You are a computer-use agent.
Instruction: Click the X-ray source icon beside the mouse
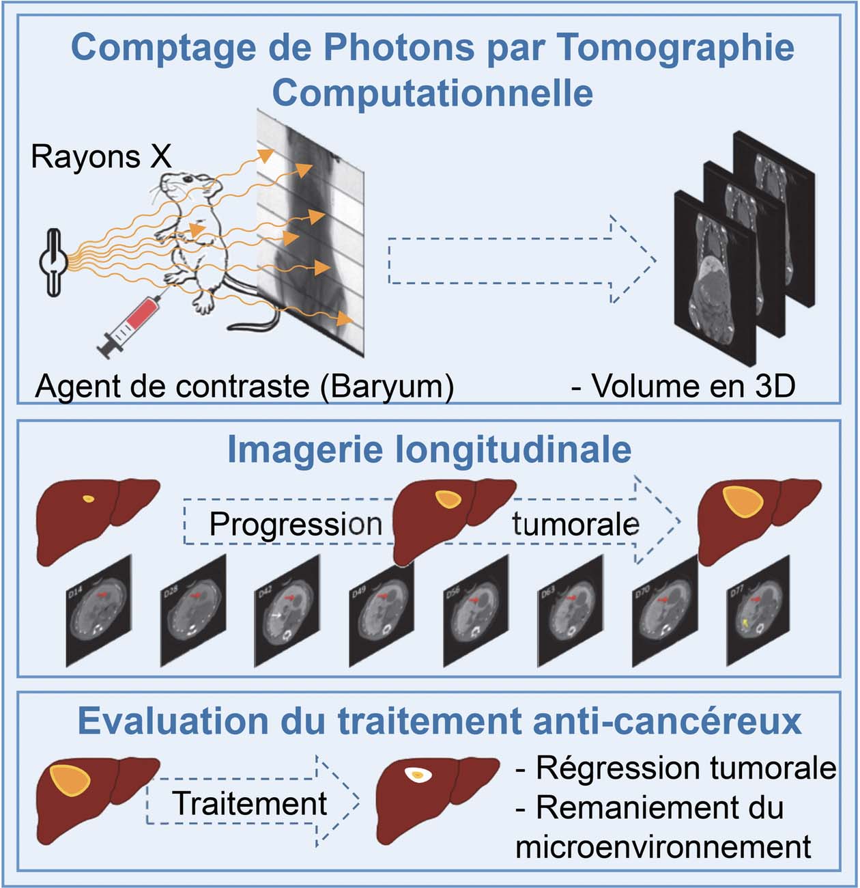pyautogui.click(x=54, y=262)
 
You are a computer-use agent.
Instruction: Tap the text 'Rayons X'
pyautogui.click(x=101, y=156)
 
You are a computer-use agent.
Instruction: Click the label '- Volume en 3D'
pyautogui.click(x=683, y=386)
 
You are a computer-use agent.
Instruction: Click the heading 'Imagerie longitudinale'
pyautogui.click(x=429, y=449)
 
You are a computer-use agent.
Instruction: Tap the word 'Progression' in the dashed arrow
pyautogui.click(x=296, y=525)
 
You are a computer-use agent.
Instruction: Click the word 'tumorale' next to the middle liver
pyautogui.click(x=575, y=525)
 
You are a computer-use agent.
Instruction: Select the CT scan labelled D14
pyautogui.click(x=99, y=611)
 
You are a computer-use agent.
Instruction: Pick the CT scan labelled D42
pyautogui.click(x=287, y=611)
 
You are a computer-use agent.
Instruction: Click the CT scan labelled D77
pyautogui.click(x=758, y=611)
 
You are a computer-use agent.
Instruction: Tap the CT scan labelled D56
pyautogui.click(x=474, y=611)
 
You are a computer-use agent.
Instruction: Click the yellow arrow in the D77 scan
pyautogui.click(x=745, y=623)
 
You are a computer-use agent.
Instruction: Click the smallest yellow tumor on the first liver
pyautogui.click(x=88, y=499)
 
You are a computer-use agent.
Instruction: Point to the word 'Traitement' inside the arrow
pyautogui.click(x=250, y=803)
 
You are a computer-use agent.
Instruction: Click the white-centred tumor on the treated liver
pyautogui.click(x=417, y=775)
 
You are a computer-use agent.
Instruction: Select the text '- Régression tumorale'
pyautogui.click(x=676, y=768)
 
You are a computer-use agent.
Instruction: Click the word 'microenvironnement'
pyautogui.click(x=663, y=847)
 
